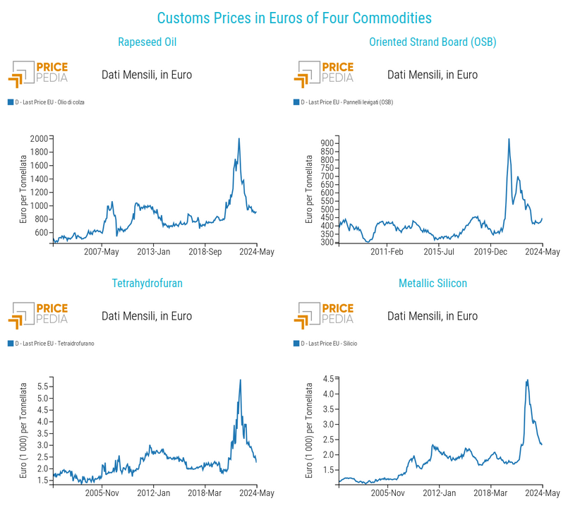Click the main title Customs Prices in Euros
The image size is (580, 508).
pos(294,18)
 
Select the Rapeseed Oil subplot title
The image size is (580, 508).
pos(147,42)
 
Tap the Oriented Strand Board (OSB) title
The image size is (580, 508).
pos(433,42)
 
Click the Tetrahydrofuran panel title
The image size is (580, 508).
pos(147,284)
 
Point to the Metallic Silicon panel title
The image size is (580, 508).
pos(433,284)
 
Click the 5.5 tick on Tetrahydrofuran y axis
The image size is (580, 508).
pos(42,387)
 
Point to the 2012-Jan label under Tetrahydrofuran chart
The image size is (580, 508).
pos(154,493)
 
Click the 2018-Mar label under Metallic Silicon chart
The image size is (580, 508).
pos(491,493)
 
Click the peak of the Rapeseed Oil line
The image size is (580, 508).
pos(239,139)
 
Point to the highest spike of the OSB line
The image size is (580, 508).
pos(509,139)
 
